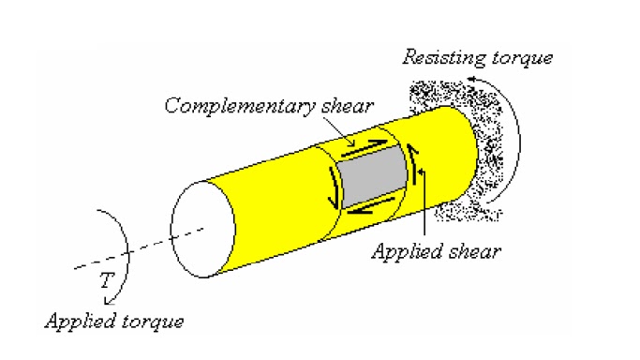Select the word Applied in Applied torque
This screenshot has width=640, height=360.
(76, 322)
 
